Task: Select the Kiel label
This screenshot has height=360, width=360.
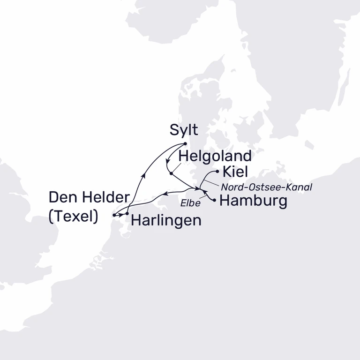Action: [x=236, y=172]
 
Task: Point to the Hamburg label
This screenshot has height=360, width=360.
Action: [x=253, y=202]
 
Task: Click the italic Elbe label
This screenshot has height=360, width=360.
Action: [x=190, y=204]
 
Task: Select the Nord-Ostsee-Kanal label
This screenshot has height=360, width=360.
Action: [x=266, y=187]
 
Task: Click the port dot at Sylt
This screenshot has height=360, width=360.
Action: [x=186, y=143]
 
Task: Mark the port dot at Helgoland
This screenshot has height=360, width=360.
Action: [x=171, y=173]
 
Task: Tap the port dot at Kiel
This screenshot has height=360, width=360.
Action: [x=217, y=172]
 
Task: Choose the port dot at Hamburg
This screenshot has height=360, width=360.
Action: [x=215, y=201]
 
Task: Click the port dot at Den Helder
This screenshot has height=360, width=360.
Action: [x=114, y=215]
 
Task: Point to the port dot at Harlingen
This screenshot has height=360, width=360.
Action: [x=127, y=214]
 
